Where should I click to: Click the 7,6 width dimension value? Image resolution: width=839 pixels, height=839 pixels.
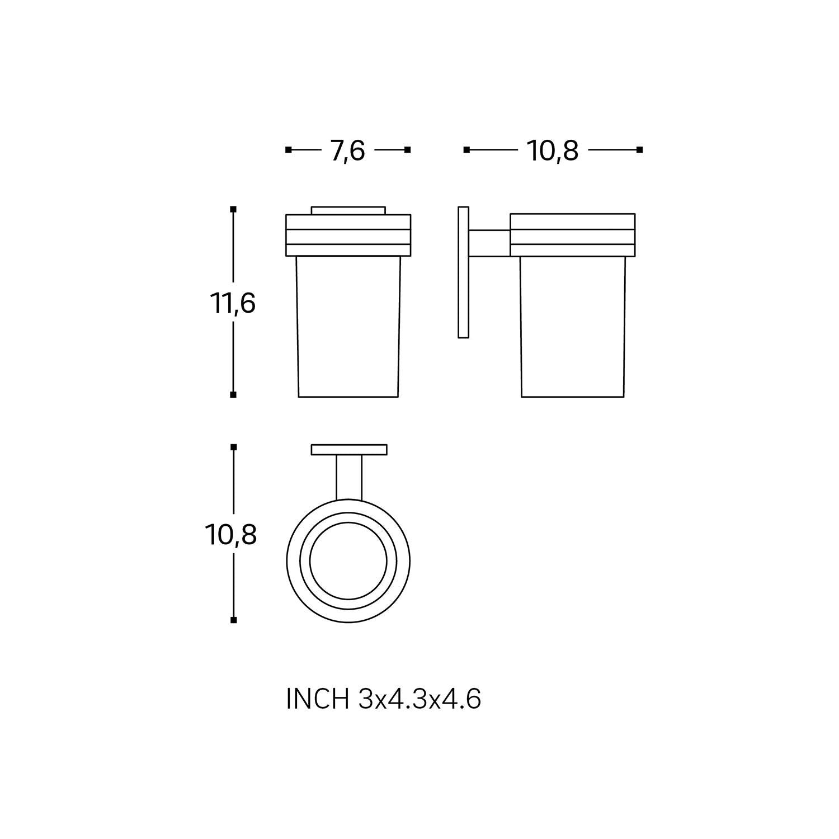pyautogui.click(x=348, y=150)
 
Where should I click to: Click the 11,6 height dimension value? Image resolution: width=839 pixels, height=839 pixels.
pyautogui.click(x=233, y=304)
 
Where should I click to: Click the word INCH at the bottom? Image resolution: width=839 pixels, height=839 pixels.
pyautogui.click(x=317, y=699)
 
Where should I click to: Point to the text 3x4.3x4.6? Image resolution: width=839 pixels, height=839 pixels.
pyautogui.click(x=419, y=699)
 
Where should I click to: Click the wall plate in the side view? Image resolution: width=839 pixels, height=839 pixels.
pyautogui.click(x=463, y=272)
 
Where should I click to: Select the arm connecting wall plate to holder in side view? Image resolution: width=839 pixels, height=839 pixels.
pyautogui.click(x=489, y=243)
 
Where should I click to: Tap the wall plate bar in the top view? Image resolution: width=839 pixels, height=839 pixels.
pyautogui.click(x=349, y=450)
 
